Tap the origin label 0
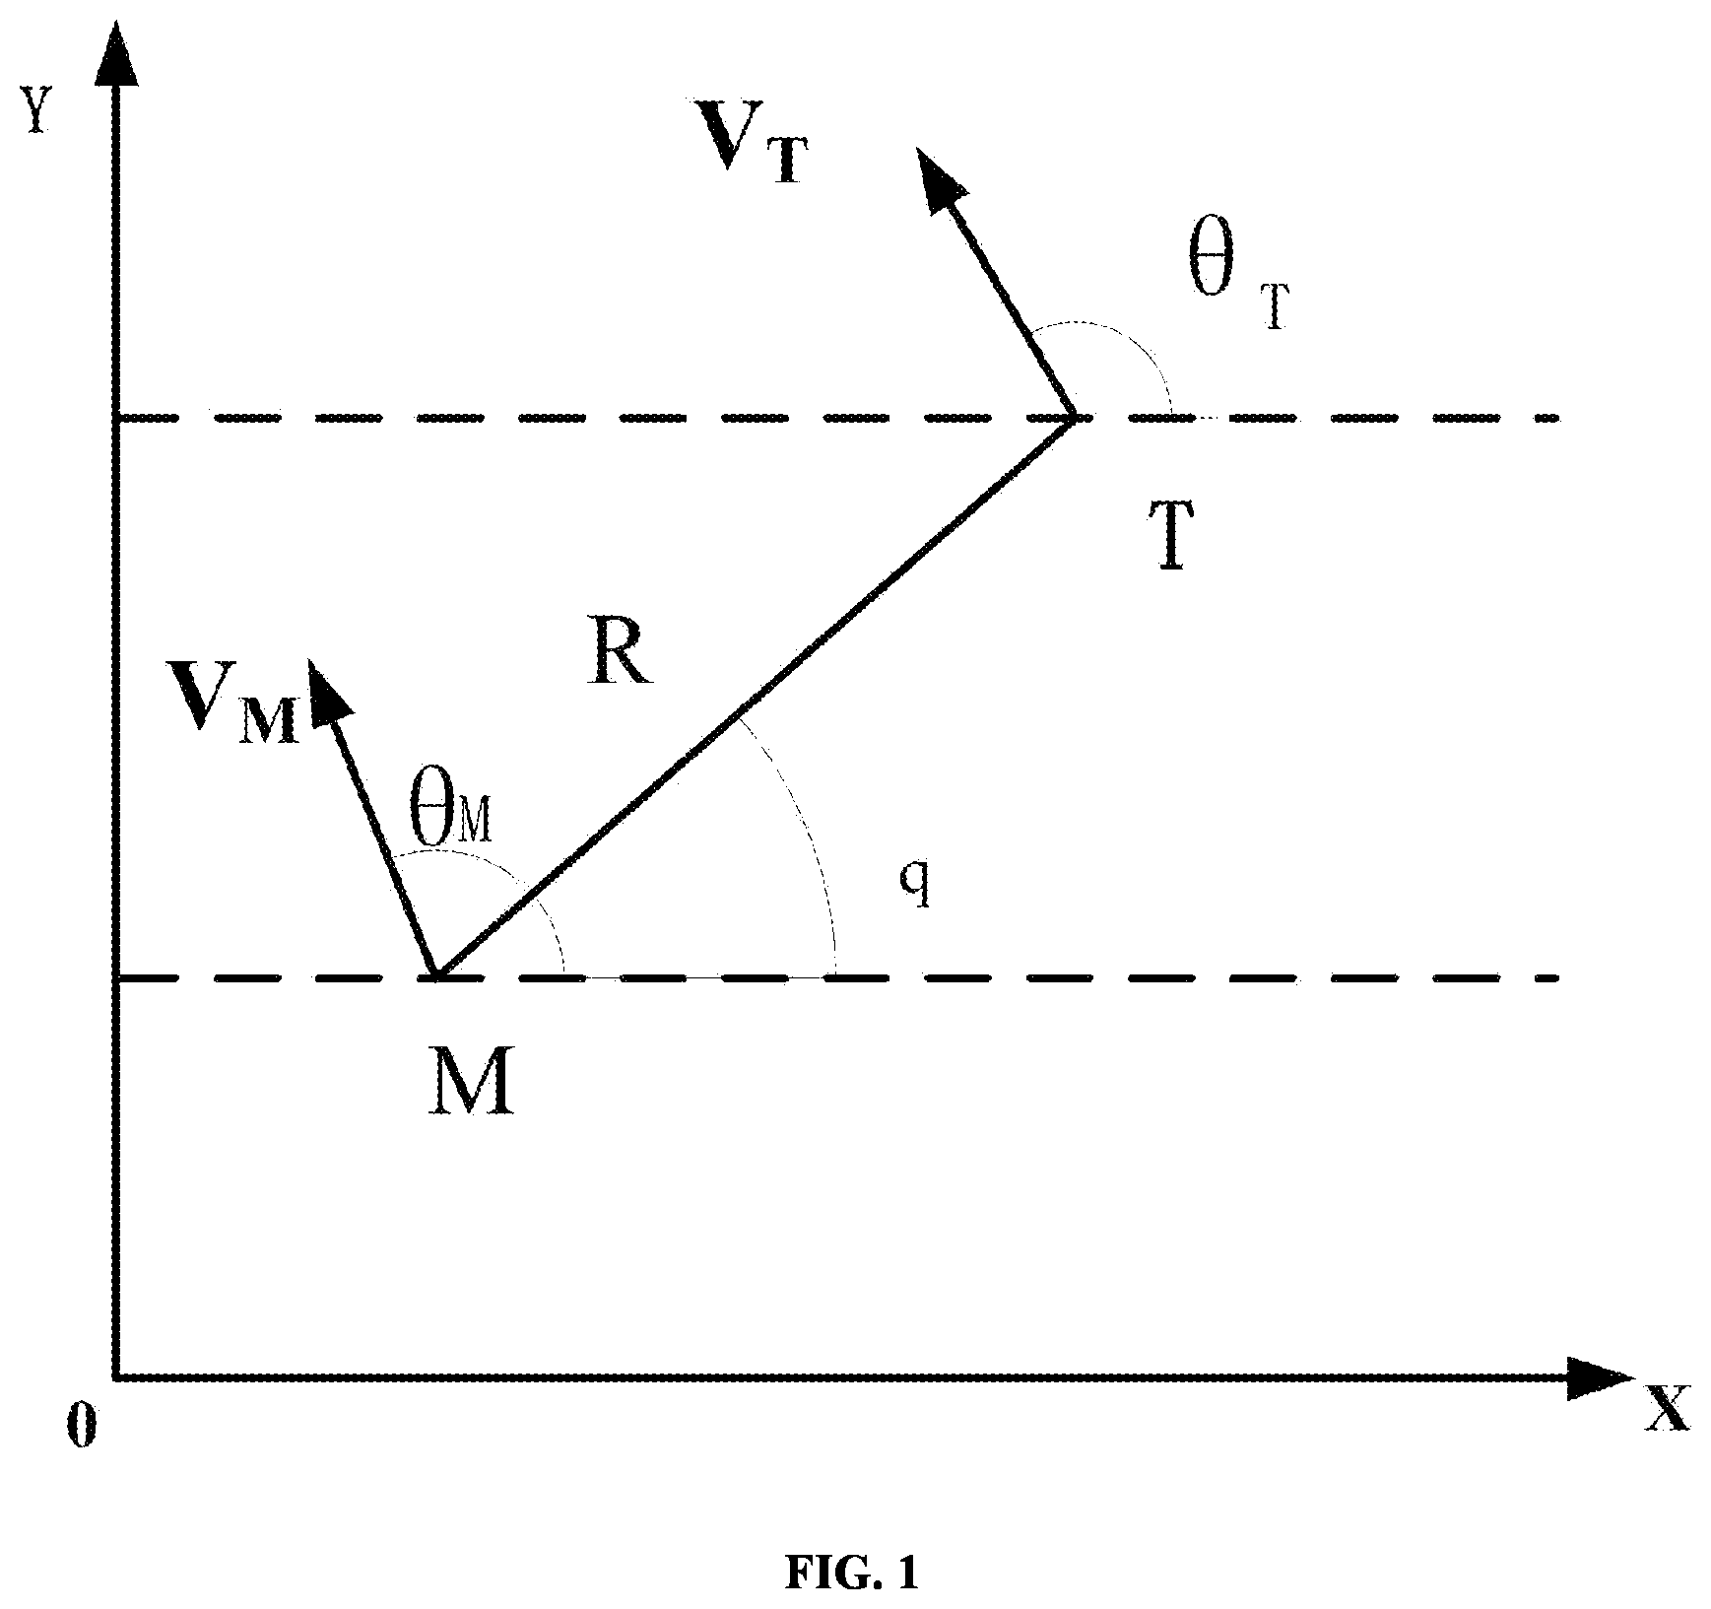[83, 1426]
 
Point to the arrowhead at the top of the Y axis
[117, 54]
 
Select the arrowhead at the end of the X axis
[1599, 1377]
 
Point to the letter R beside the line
[619, 656]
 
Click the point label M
[472, 1080]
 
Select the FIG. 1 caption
[853, 1574]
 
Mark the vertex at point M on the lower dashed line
[436, 977]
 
